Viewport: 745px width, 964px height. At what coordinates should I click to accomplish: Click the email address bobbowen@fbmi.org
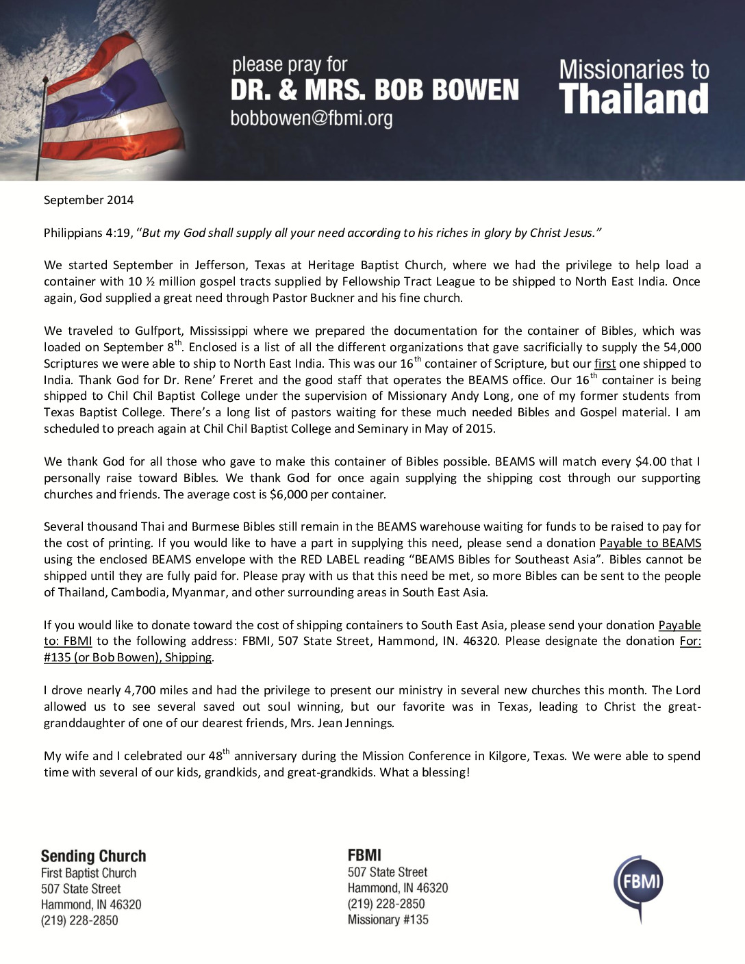[312, 118]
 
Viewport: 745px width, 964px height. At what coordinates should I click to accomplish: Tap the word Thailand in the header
[634, 99]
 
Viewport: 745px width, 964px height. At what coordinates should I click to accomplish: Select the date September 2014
[89, 200]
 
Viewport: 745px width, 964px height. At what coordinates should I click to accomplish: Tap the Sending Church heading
[93, 856]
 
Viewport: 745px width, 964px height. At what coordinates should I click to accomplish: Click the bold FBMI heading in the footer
[364, 855]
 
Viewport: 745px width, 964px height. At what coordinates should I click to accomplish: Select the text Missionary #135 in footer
[388, 919]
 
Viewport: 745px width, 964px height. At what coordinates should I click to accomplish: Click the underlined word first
[605, 364]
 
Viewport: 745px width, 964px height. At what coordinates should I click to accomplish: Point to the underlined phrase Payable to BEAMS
[650, 543]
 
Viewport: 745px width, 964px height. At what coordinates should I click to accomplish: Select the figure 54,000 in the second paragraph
[683, 347]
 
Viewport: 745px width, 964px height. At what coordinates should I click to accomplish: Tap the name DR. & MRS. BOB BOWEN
[375, 90]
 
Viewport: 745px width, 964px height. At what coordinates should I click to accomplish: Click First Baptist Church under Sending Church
[88, 873]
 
